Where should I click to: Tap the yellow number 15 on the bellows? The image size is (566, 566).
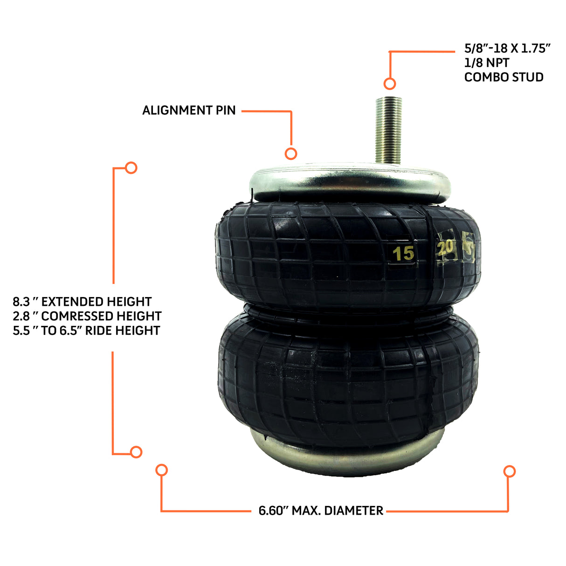point(403,253)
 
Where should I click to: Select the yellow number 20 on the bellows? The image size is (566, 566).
point(445,248)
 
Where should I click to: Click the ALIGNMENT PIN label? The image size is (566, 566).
point(189,110)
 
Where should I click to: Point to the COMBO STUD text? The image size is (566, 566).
point(504,77)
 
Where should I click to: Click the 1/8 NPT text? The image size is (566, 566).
point(487,62)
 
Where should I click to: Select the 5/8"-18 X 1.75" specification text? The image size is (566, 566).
point(507,48)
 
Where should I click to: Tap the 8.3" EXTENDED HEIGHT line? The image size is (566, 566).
point(82,302)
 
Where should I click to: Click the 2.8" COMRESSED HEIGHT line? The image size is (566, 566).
point(87,316)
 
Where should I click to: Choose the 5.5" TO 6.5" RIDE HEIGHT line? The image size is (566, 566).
point(86,331)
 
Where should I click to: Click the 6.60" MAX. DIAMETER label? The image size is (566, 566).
point(321,511)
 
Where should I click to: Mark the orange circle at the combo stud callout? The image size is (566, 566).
point(390,84)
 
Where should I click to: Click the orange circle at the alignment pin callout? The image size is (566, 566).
point(291,153)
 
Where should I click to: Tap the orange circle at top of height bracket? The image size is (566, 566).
point(131,168)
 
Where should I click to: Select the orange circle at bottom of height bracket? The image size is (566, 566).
point(136,452)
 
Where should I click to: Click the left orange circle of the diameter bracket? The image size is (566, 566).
point(162,470)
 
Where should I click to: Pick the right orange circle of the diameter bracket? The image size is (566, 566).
point(510,471)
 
